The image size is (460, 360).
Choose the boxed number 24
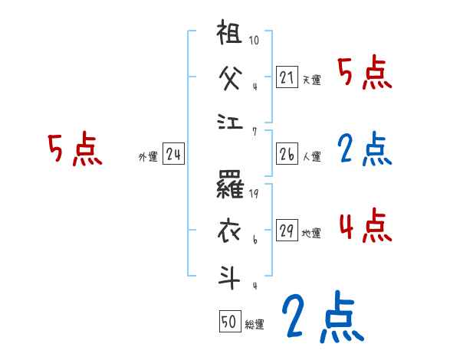pyautogui.click(x=173, y=154)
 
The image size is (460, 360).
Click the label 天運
pyautogui.click(x=311, y=80)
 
